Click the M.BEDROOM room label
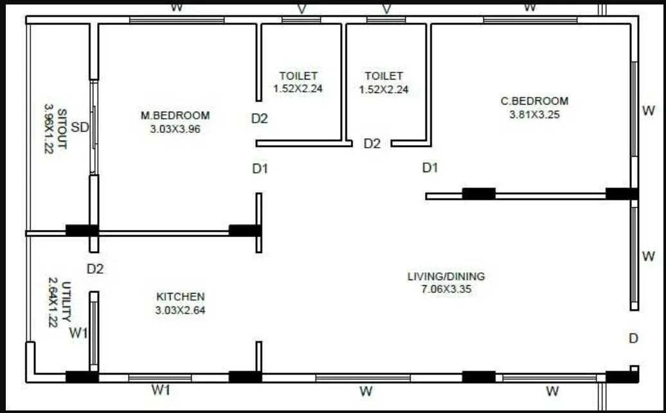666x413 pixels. click(175, 116)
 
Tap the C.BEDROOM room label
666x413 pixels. click(534, 101)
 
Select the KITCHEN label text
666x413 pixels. click(181, 297)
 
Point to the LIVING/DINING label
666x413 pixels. click(446, 277)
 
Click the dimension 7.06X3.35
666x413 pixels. click(446, 289)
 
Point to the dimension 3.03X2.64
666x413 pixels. click(181, 310)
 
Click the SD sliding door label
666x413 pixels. click(80, 127)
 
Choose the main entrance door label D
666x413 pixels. click(633, 338)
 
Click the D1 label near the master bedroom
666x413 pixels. click(260, 169)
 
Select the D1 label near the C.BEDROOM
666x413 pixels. click(430, 168)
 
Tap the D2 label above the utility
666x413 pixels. click(95, 268)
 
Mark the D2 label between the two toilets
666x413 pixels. click(372, 144)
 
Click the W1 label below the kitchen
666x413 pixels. click(161, 389)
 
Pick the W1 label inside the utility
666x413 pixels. click(78, 333)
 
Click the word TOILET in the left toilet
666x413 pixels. click(298, 76)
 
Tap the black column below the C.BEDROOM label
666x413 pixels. click(478, 193)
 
